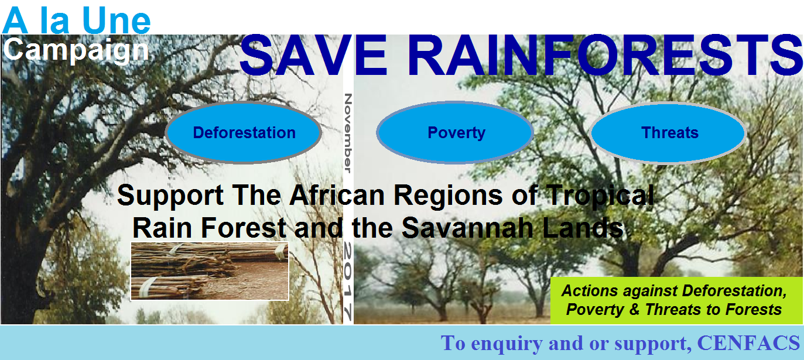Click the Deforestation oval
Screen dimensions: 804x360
(244, 132)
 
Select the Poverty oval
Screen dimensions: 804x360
(455, 132)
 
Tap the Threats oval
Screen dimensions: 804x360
(668, 132)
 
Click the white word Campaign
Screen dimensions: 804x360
(76, 50)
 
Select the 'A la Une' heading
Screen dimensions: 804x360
(77, 20)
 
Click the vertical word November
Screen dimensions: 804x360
(348, 133)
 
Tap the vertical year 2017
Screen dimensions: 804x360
(348, 280)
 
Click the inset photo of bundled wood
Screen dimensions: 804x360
(210, 271)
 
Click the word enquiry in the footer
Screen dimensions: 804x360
(509, 344)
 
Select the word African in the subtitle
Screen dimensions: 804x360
(337, 196)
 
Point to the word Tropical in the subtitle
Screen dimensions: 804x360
(600, 196)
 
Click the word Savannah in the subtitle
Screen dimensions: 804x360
(467, 228)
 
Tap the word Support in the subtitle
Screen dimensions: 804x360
(170, 196)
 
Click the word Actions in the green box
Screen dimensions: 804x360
(589, 291)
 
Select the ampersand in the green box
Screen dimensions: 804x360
(634, 310)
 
